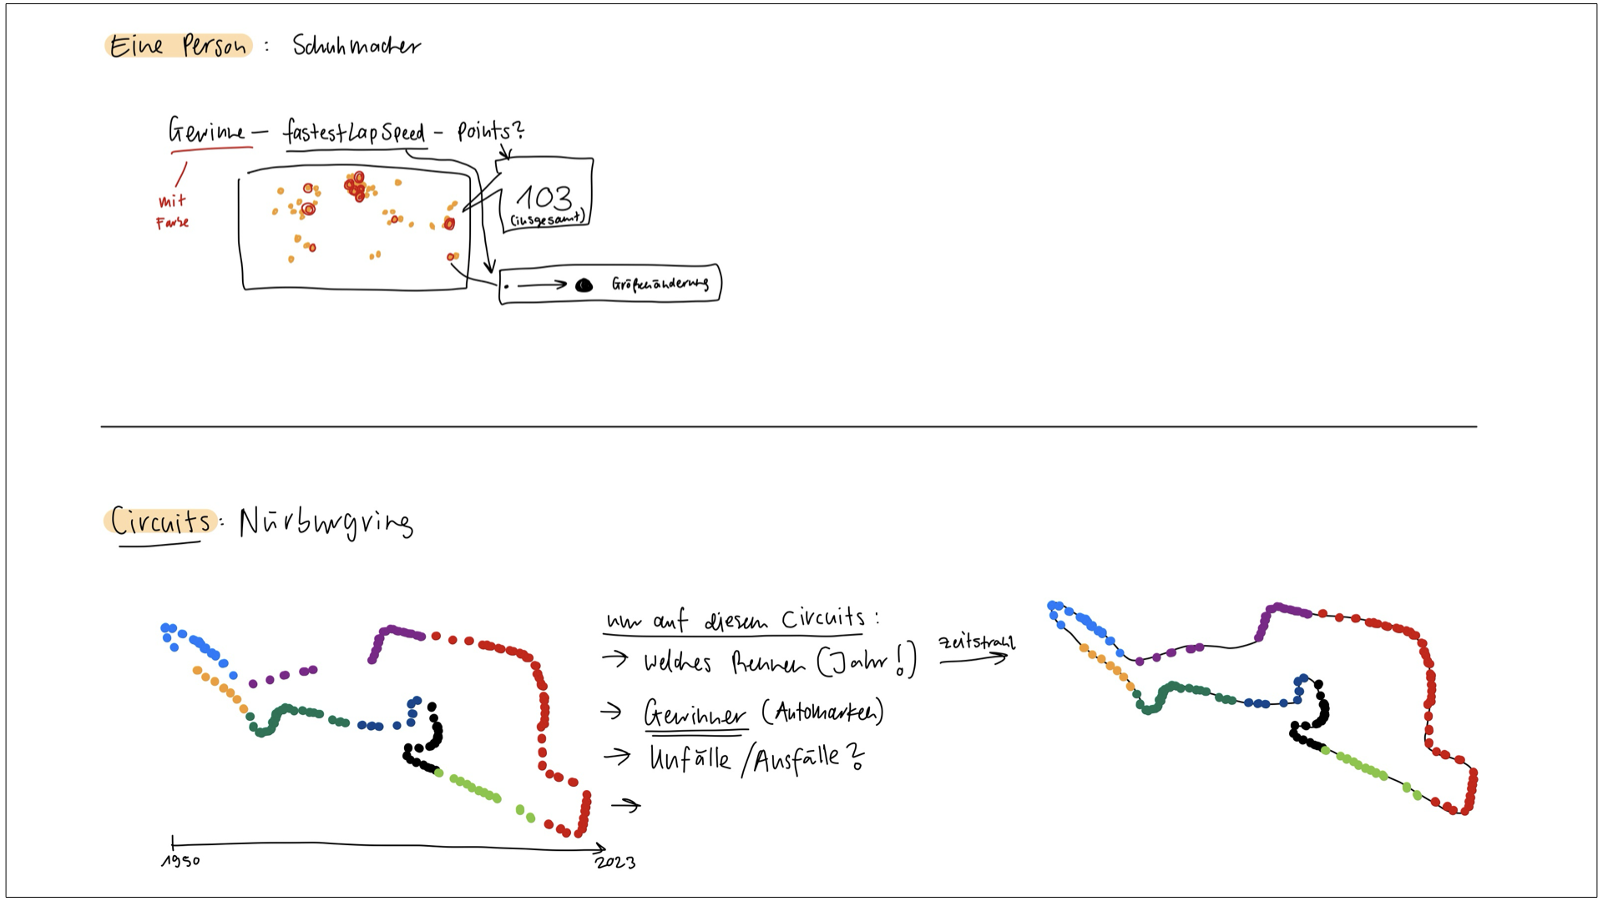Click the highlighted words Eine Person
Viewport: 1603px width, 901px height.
tap(178, 46)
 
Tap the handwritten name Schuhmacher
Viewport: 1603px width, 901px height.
tap(357, 45)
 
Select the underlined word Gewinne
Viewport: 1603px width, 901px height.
tap(207, 132)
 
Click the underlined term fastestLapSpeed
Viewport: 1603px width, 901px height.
tap(354, 133)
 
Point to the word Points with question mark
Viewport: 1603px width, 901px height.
tap(490, 131)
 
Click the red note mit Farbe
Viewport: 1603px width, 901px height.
tap(173, 212)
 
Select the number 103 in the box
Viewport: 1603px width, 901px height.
tap(544, 198)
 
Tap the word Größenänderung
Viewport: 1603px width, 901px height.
tap(660, 284)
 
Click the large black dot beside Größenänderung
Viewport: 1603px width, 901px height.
tap(584, 285)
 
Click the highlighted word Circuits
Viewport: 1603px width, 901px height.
tap(160, 521)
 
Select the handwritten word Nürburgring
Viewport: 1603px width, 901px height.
tap(326, 523)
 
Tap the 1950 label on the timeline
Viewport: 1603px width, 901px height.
tap(180, 861)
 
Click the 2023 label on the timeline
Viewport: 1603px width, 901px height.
tap(615, 863)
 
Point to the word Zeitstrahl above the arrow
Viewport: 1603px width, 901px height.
tap(976, 642)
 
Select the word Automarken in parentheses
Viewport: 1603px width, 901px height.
tap(822, 712)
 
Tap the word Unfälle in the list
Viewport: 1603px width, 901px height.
tap(690, 759)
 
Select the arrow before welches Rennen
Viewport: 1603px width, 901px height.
tap(614, 659)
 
